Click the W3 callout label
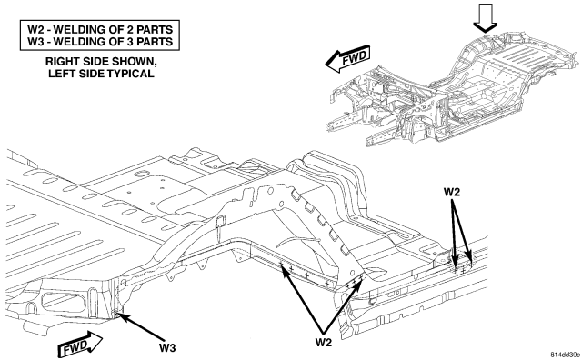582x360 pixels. [167, 348]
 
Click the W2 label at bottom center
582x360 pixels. [324, 342]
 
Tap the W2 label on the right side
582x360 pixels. [452, 192]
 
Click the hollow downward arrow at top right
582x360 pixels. [485, 18]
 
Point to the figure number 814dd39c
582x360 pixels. [566, 355]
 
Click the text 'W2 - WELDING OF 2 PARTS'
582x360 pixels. [100, 29]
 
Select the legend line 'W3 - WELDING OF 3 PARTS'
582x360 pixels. [100, 42]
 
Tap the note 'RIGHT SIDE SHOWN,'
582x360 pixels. [99, 62]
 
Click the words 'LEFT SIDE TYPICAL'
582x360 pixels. [101, 74]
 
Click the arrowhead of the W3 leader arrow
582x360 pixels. [121, 315]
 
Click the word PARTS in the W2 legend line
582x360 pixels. [156, 29]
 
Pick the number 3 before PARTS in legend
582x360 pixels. [132, 42]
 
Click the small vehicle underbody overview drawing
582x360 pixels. [454, 89]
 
